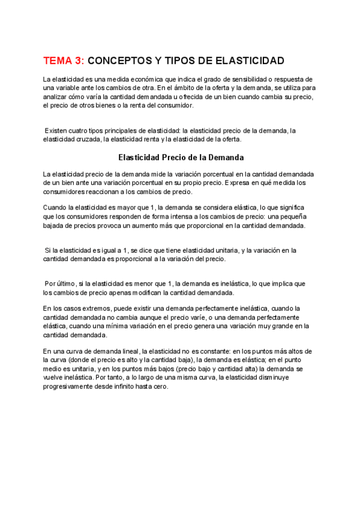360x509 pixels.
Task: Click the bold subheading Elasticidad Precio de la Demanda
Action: tap(181, 158)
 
